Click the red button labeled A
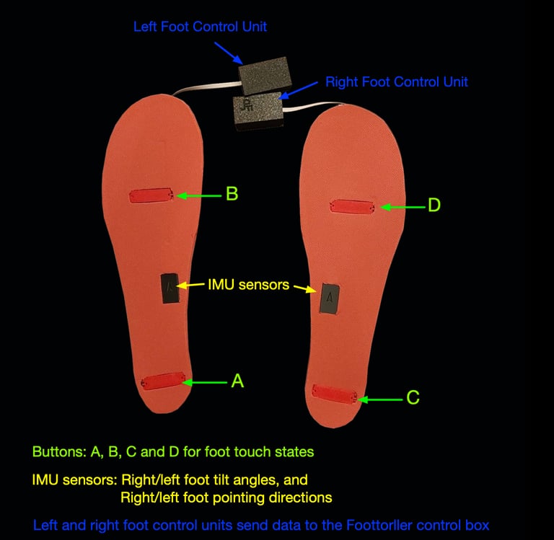[166, 381]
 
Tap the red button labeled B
[150, 196]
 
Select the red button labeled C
[335, 393]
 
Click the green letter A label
[237, 381]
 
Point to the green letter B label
[232, 194]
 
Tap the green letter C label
[412, 397]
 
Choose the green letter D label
[434, 205]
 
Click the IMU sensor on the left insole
[170, 288]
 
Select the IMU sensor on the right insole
[330, 297]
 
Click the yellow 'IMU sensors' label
[248, 285]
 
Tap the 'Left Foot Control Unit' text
[200, 27]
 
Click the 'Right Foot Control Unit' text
[397, 81]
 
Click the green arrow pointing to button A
[208, 381]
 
